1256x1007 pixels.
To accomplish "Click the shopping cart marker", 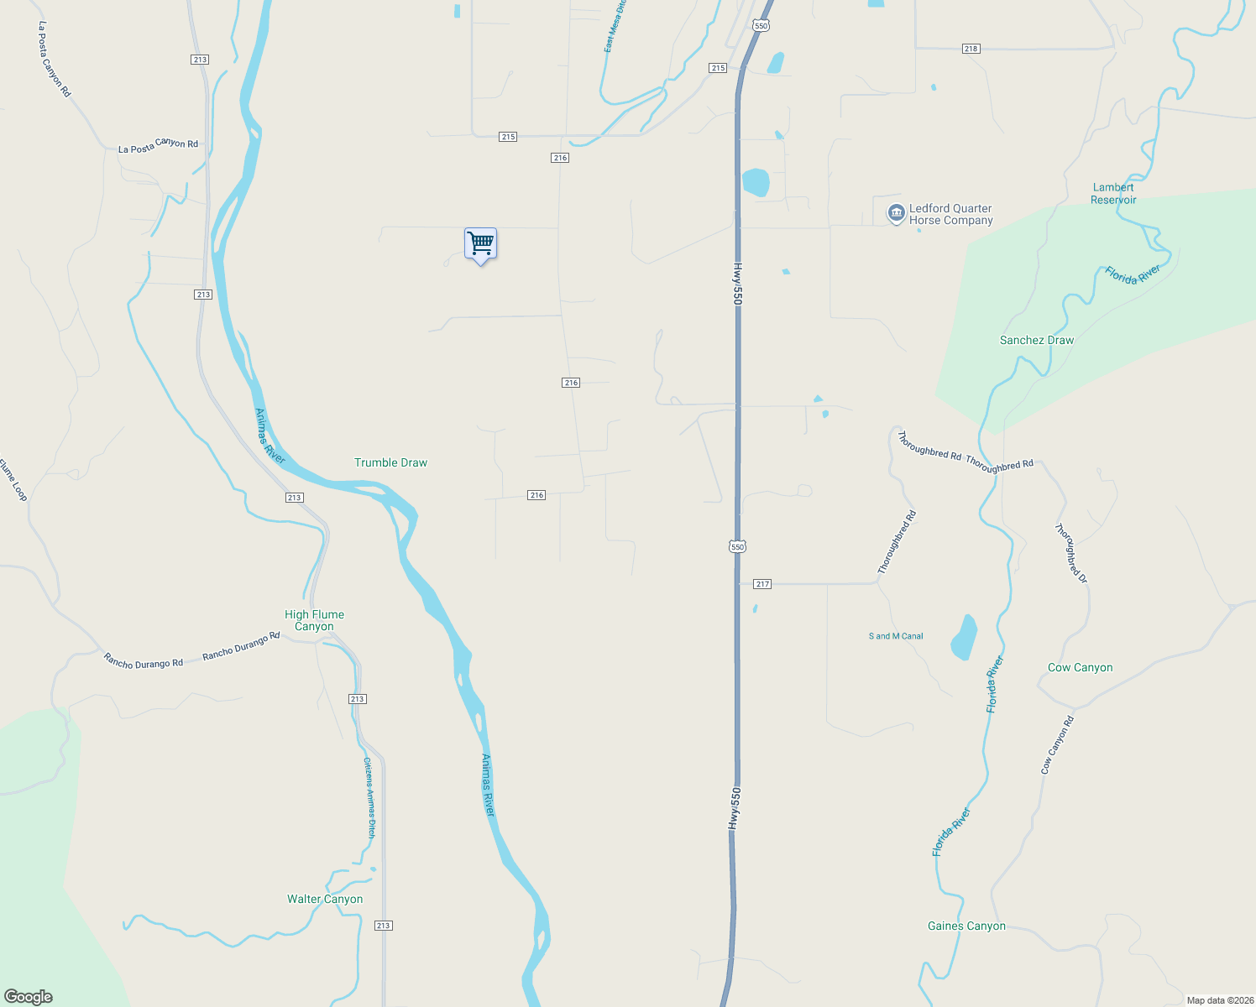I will pos(480,244).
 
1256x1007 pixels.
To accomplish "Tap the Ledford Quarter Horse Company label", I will pos(950,215).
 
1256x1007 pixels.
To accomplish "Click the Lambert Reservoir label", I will pos(1113,194).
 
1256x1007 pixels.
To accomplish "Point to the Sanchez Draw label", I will pos(1036,341).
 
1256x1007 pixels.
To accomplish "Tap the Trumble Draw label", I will pos(390,463).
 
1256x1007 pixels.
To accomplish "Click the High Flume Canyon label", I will pos(314,621).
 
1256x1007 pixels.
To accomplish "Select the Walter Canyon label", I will pos(325,900).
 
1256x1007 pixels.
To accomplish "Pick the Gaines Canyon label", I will pos(966,926).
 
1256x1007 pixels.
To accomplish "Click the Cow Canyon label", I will pos(1080,668).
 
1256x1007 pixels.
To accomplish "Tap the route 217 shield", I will pos(761,584).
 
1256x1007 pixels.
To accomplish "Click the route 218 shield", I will pos(971,49).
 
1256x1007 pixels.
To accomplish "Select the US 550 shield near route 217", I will pos(737,547).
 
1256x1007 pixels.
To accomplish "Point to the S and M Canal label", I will pos(896,637).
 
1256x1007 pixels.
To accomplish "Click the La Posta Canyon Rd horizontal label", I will pos(158,146).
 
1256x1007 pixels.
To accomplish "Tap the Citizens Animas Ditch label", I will pos(369,797).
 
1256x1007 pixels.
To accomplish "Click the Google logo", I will pos(29,997).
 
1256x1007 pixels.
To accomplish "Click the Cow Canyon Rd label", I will pos(1057,745).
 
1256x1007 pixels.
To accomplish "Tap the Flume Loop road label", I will pos(13,480).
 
